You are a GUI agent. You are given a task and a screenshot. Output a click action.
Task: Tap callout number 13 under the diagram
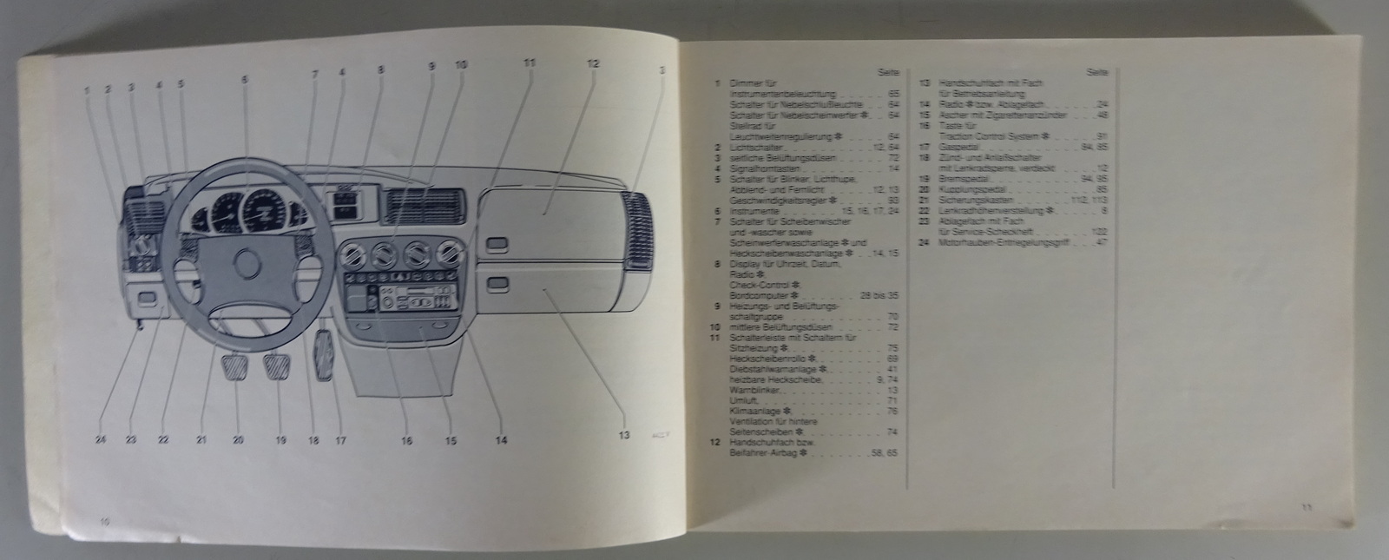[x=622, y=437]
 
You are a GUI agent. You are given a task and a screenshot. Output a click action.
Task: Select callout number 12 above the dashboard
[x=592, y=64]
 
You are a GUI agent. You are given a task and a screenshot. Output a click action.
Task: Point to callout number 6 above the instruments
[x=245, y=79]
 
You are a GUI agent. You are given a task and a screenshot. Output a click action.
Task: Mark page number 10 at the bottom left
[x=103, y=522]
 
